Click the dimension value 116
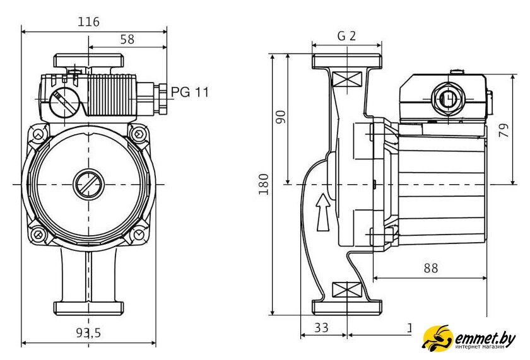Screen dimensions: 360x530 coord(88,22)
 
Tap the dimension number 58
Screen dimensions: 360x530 coord(127,39)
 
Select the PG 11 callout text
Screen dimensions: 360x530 coord(189,93)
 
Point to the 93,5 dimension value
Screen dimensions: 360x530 coord(88,333)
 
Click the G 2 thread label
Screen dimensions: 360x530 coord(346,36)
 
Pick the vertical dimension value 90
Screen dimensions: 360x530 coord(281,117)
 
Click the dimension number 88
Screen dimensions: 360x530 coord(430,268)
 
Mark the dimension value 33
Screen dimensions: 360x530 coord(322,328)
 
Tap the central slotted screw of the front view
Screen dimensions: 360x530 coord(88,184)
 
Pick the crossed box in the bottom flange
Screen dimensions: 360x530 coord(346,290)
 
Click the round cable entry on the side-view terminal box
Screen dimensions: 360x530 coord(447,99)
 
